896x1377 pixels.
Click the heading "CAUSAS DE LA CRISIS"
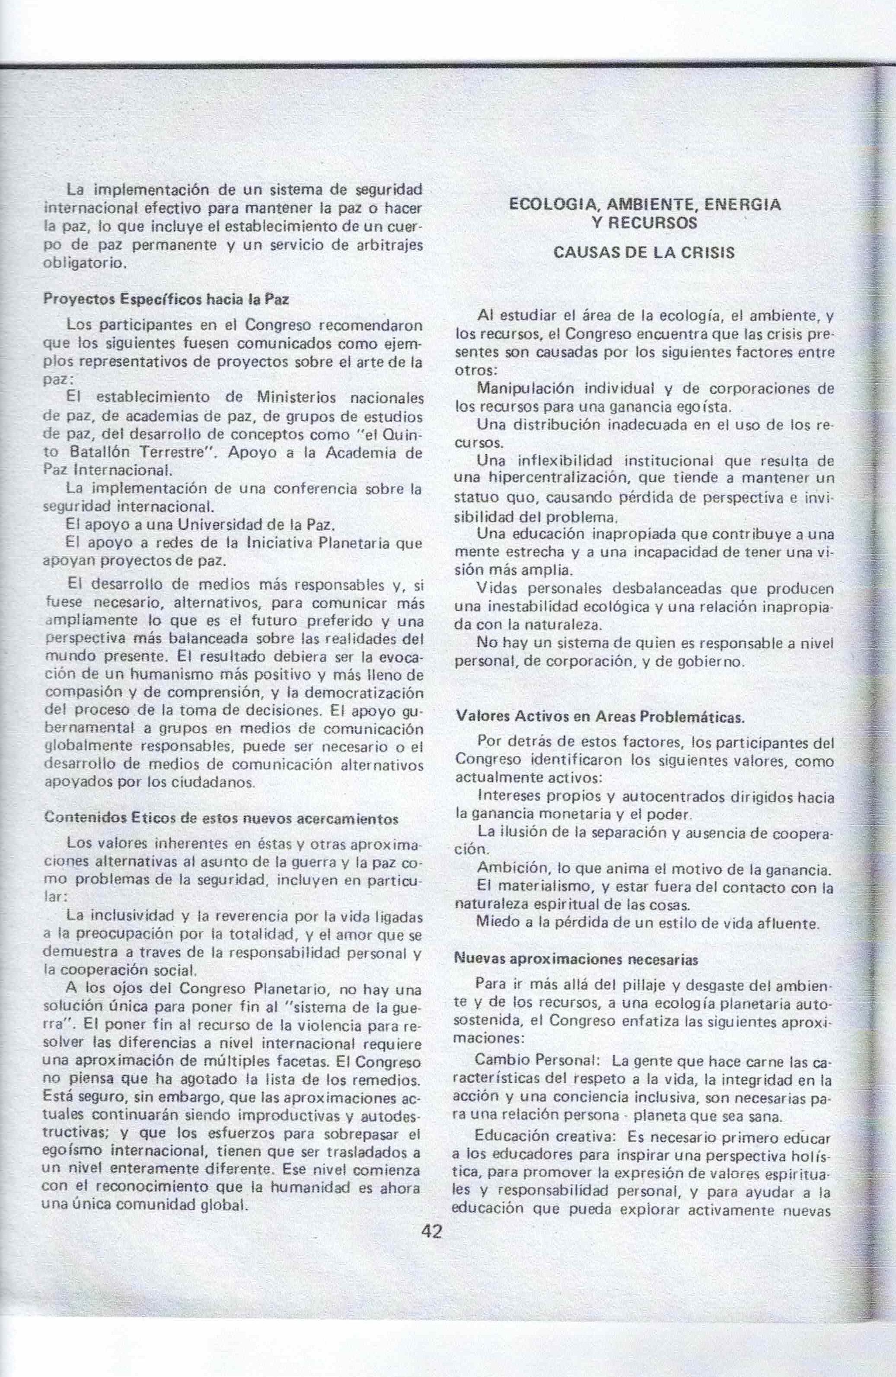point(644,253)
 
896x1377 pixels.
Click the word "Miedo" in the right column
point(495,922)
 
